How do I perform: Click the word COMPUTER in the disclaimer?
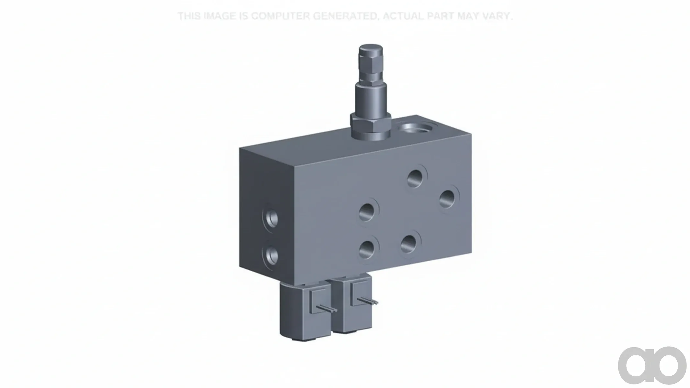(280, 16)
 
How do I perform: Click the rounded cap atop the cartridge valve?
(371, 51)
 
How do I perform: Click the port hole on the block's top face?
(417, 127)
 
